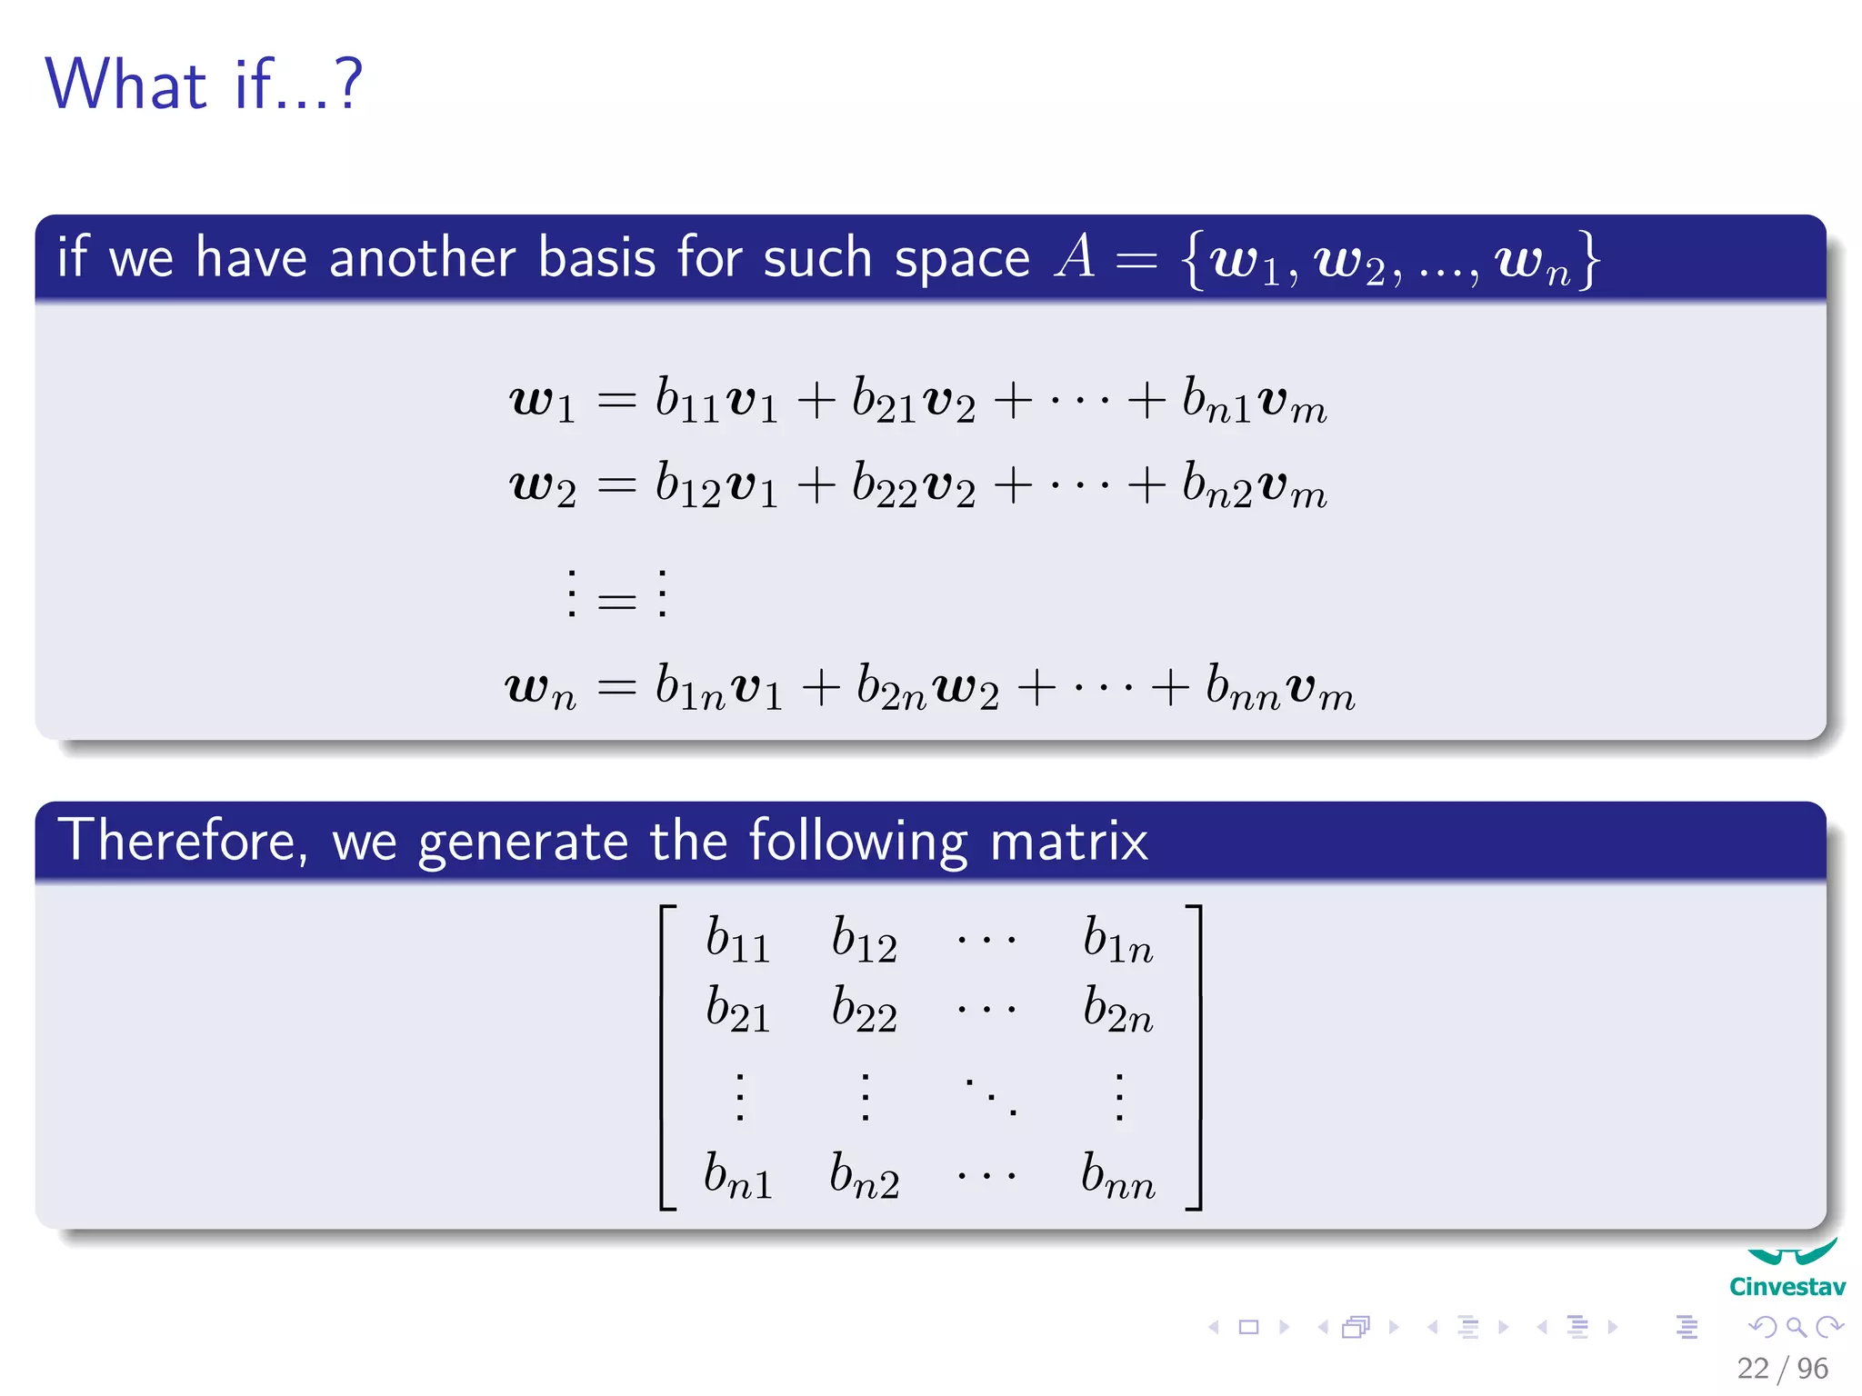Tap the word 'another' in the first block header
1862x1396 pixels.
click(422, 257)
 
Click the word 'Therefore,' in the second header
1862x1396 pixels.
click(183, 840)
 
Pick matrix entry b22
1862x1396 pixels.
click(864, 1010)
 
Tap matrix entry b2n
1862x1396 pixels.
click(1117, 1010)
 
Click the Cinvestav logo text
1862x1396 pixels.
click(1787, 1287)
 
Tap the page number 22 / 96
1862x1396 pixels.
click(1782, 1368)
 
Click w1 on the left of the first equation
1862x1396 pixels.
click(542, 401)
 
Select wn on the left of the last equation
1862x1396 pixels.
click(540, 688)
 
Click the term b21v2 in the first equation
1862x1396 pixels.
click(913, 401)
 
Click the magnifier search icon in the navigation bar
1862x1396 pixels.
click(1796, 1327)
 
